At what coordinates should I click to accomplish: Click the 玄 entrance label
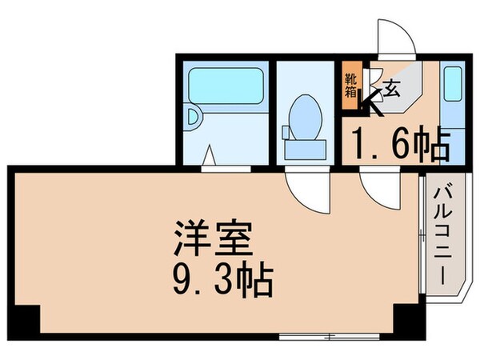394,90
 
